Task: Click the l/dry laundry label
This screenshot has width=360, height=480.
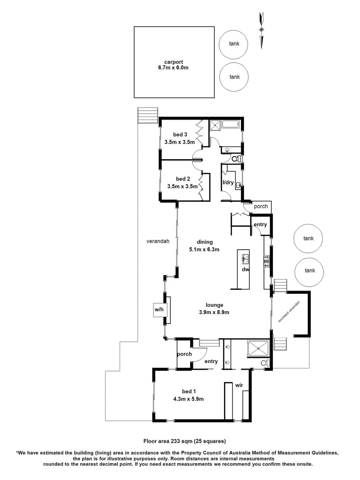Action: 228,182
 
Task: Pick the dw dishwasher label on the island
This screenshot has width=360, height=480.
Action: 245,269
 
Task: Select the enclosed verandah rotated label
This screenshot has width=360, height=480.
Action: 289,312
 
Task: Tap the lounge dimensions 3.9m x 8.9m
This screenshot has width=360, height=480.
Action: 217,312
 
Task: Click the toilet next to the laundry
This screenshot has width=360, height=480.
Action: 236,159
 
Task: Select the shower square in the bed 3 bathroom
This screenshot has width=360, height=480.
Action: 216,125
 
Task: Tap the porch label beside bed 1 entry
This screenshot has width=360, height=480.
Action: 184,354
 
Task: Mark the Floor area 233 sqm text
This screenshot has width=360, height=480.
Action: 184,441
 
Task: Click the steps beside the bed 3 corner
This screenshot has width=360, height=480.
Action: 148,116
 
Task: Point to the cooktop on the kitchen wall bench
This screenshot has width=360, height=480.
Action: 267,261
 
